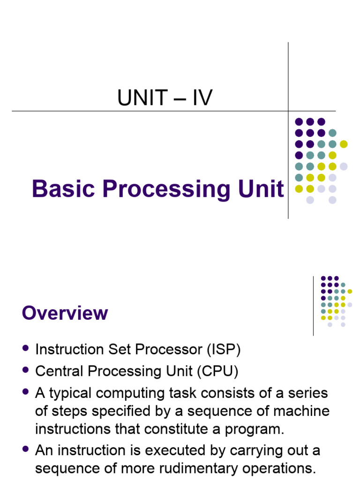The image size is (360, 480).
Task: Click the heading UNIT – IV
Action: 165,98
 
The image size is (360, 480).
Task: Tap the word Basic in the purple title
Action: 63,189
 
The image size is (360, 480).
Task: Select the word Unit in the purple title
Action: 265,189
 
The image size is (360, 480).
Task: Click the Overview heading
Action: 65,313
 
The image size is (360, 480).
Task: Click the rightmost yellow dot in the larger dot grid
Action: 344,144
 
